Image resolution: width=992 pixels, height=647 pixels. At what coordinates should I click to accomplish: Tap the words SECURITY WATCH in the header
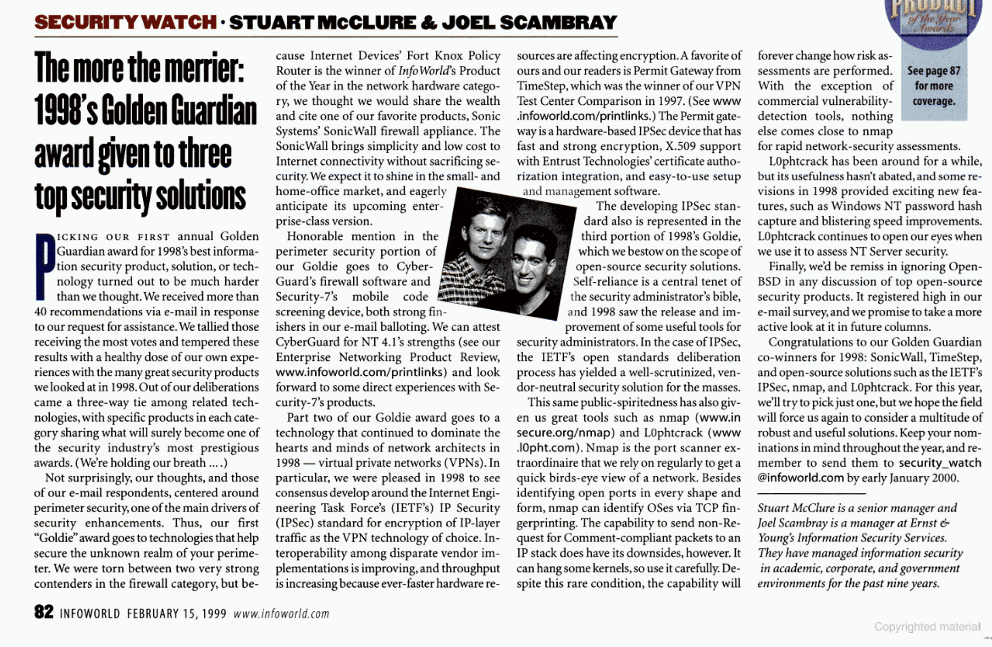tap(125, 22)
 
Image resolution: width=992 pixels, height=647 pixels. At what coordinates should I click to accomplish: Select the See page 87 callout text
tap(933, 71)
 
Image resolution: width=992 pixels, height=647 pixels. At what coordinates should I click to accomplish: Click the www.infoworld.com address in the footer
tap(281, 614)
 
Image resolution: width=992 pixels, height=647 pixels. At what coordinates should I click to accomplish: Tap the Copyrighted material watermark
tap(927, 627)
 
